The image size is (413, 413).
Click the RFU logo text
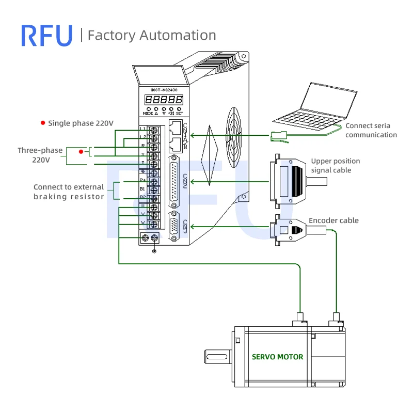click(x=46, y=35)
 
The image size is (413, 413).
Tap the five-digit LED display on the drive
click(x=164, y=99)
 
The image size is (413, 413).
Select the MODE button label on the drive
click(x=148, y=113)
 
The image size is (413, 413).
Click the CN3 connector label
click(x=185, y=227)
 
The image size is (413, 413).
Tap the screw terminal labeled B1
click(x=153, y=189)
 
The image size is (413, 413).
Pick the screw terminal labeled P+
click(x=153, y=181)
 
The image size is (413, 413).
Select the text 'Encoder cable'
click(x=333, y=220)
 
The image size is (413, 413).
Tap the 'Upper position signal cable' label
click(x=335, y=166)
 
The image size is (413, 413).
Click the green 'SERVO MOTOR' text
click(x=277, y=357)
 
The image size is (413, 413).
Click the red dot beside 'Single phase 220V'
click(x=43, y=123)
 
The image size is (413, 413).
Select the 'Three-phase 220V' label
click(x=40, y=155)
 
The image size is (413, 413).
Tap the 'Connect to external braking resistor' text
click(x=69, y=192)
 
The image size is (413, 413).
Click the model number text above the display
click(x=164, y=89)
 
